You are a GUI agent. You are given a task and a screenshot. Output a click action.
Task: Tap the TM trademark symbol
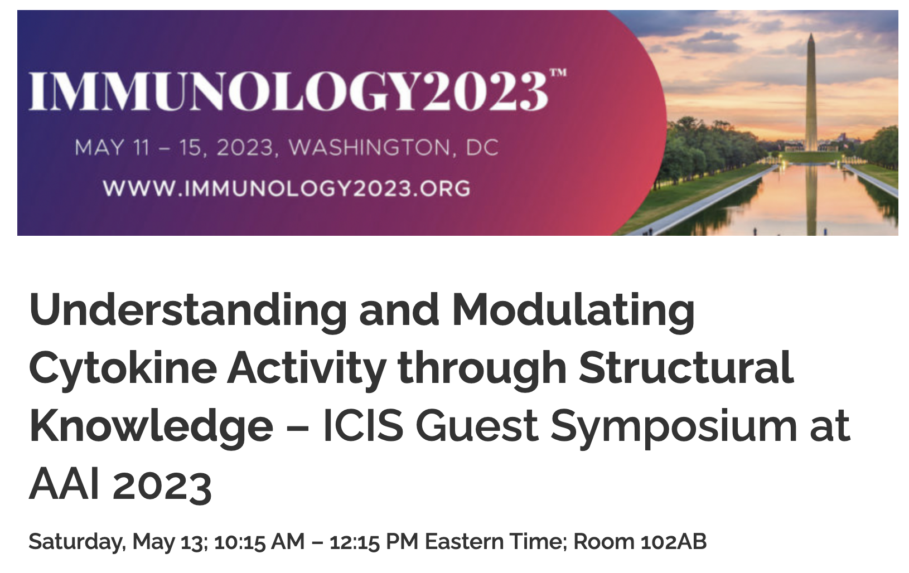coord(558,72)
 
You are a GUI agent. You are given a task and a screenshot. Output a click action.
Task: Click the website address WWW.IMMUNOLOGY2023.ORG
coord(287,188)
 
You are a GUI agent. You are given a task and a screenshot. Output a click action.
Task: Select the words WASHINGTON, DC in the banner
coord(394,148)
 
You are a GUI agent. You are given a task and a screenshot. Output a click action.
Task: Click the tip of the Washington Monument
coord(811,34)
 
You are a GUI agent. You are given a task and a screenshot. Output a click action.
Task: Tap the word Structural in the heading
coord(686,367)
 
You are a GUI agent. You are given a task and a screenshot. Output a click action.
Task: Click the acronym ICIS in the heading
coord(363,426)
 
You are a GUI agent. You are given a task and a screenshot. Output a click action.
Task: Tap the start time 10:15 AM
coord(259,541)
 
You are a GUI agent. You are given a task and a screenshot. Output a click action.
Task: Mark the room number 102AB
coord(673,541)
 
